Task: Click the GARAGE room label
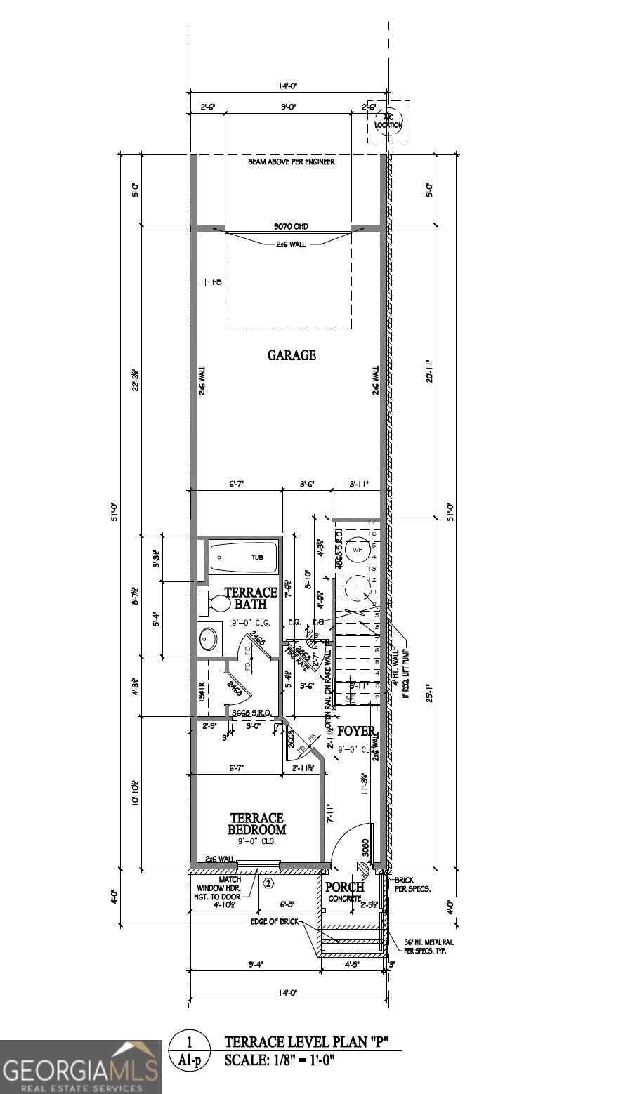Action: tap(292, 355)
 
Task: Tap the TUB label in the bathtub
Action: tap(258, 558)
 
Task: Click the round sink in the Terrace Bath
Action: tap(209, 638)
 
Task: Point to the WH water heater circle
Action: tap(358, 550)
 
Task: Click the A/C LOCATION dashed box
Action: tap(388, 121)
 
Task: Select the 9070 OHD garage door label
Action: tap(291, 227)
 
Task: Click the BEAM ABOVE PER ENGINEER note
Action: tap(291, 162)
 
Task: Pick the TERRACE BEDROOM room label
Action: tap(256, 824)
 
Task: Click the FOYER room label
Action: tap(356, 732)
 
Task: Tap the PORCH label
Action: tap(344, 888)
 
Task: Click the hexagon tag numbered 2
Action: tap(268, 883)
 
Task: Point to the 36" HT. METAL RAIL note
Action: tap(426, 946)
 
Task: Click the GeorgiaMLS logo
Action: tap(81, 1066)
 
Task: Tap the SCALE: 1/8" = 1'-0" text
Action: tap(280, 1060)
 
